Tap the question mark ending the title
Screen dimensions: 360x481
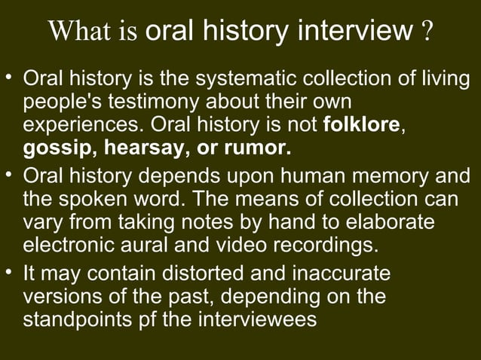pos(427,34)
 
